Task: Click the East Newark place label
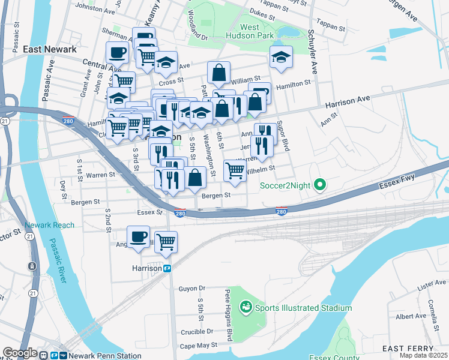point(50,50)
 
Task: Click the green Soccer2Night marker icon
point(320,185)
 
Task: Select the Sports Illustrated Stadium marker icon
point(245,308)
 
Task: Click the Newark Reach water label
point(50,226)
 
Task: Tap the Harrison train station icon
point(168,268)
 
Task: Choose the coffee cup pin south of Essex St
point(138,236)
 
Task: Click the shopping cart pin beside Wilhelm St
point(235,170)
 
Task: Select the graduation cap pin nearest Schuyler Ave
point(281,56)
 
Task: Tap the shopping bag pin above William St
point(219,73)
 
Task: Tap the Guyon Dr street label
point(191,289)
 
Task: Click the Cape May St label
point(196,346)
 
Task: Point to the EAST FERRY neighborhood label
point(408,349)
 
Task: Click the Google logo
point(19,353)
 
